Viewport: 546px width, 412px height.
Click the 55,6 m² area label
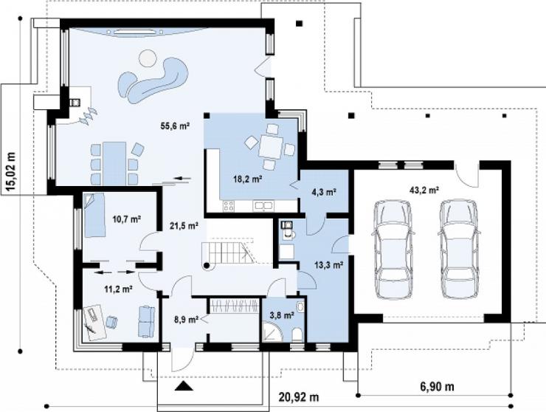pos(175,126)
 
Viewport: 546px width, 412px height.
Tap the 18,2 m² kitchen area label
pos(247,179)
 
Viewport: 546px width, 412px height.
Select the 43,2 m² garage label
pos(424,190)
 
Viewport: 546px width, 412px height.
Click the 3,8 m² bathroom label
pos(282,315)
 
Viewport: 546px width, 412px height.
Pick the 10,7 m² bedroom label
pos(127,219)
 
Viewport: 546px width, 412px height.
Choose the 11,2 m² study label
pos(118,289)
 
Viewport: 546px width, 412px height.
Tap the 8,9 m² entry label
pos(186,318)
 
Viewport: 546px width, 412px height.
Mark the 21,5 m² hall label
pos(184,226)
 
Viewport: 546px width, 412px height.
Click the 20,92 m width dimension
pos(299,397)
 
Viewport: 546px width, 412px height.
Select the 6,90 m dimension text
pos(435,387)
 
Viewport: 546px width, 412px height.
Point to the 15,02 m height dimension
pos(11,172)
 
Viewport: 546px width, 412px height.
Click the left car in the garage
pos(393,250)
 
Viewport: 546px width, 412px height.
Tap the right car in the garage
pos(459,250)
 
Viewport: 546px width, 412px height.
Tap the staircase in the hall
pos(228,253)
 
